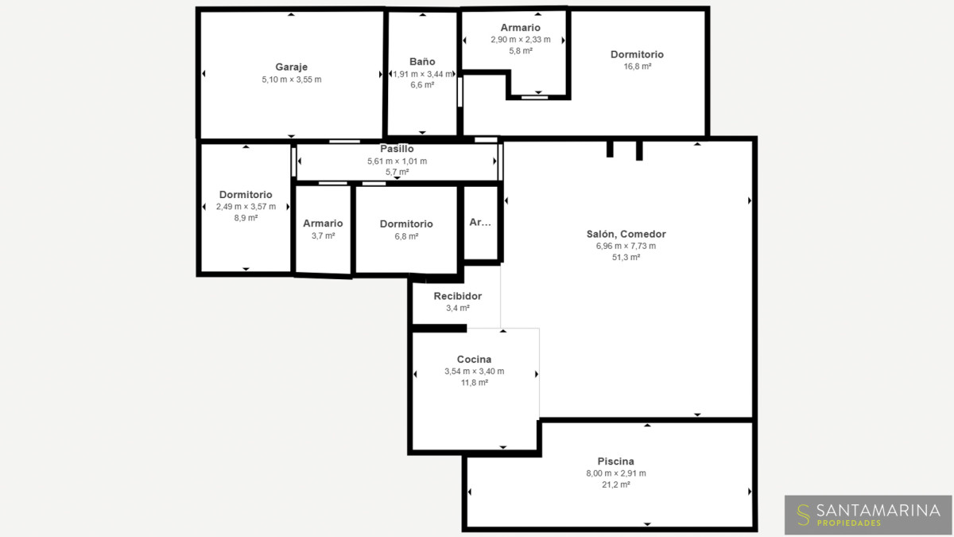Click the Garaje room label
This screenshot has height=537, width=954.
(x=291, y=67)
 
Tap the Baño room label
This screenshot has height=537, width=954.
(x=422, y=62)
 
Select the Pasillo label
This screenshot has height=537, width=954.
(x=397, y=149)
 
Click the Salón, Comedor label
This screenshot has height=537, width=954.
(x=626, y=234)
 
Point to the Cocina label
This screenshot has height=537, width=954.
(x=474, y=360)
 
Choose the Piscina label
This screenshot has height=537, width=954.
(x=616, y=461)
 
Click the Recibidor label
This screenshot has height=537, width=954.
(x=458, y=296)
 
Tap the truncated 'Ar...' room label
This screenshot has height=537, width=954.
(x=480, y=222)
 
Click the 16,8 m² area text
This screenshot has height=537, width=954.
(x=637, y=67)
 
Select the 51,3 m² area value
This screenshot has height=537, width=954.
(x=626, y=258)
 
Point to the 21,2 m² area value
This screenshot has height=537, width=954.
(x=616, y=484)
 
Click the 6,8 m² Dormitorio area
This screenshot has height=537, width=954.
(x=406, y=236)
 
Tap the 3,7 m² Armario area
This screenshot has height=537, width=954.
(x=323, y=236)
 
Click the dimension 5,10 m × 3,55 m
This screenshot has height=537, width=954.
(x=291, y=80)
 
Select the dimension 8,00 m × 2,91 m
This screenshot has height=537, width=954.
(x=616, y=473)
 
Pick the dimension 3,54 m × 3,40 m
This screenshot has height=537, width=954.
(x=474, y=372)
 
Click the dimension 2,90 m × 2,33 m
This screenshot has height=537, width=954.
(x=521, y=40)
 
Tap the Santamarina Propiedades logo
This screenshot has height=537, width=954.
(x=868, y=515)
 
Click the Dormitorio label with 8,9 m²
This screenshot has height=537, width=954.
(x=246, y=195)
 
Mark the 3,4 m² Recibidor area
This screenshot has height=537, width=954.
(x=458, y=308)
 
